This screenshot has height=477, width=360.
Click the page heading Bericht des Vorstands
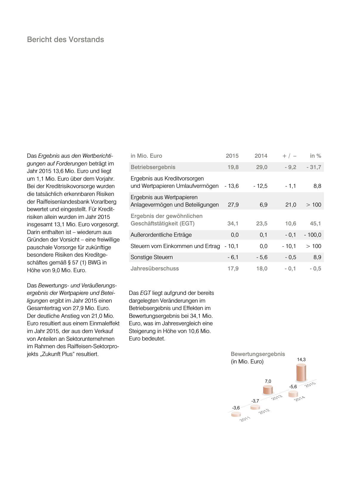pyautogui.click(x=65, y=40)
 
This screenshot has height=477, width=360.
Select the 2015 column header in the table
pyautogui.click(x=232, y=156)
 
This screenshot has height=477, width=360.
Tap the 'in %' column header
pyautogui.click(x=315, y=156)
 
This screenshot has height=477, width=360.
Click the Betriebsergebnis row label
pyautogui.click(x=153, y=167)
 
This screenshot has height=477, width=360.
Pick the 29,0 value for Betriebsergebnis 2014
pyautogui.click(x=262, y=167)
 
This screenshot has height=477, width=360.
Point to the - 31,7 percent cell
pyautogui.click(x=314, y=167)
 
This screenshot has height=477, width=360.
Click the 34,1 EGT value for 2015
pyautogui.click(x=233, y=224)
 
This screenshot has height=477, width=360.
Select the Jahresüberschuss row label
pyautogui.click(x=155, y=269)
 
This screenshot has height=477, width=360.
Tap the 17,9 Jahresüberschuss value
pyautogui.click(x=233, y=269)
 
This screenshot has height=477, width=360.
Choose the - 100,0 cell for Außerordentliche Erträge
pyautogui.click(x=313, y=235)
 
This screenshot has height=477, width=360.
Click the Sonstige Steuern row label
pyautogui.click(x=151, y=257)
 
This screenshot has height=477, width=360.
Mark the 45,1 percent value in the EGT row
pyautogui.click(x=315, y=224)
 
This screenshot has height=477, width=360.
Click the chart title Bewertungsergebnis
pyautogui.click(x=258, y=354)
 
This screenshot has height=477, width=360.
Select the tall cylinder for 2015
pyautogui.click(x=301, y=373)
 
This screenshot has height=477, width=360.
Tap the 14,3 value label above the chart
pyautogui.click(x=301, y=360)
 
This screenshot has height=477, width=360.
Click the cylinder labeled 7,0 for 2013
pyautogui.click(x=268, y=390)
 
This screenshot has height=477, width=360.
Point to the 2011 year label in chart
pyautogui.click(x=245, y=419)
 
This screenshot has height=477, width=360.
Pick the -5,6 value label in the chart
pyautogui.click(x=293, y=387)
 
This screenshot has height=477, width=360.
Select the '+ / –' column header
pyautogui.click(x=289, y=156)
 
